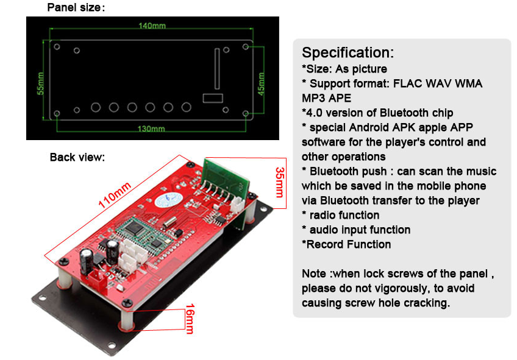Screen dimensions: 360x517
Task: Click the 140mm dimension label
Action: [x=152, y=26]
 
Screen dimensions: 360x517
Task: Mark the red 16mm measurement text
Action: [x=189, y=318]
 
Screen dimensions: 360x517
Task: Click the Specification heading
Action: [x=348, y=52]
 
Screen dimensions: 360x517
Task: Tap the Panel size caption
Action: [x=76, y=8]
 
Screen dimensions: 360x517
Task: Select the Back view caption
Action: [x=77, y=157]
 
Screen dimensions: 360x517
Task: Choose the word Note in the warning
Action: [x=315, y=274]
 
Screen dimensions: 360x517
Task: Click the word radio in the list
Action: [x=324, y=215]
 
